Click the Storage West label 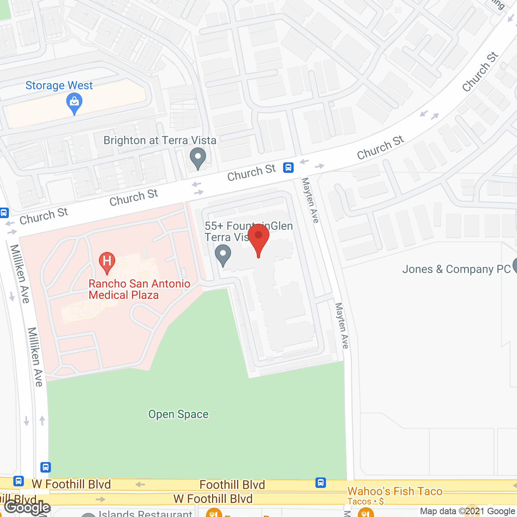coord(59,86)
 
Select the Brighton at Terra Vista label coord(160,141)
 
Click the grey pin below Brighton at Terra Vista coord(198,158)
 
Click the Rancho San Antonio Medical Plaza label coord(139,289)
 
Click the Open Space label coord(178,414)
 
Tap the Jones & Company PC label coord(456,269)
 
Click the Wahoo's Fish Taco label coord(395,491)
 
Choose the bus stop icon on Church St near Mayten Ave coord(288,167)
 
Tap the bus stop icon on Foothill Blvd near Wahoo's coord(321,482)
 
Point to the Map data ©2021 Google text coord(467,511)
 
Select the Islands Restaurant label coord(145,513)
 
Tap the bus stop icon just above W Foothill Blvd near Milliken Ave coord(46,467)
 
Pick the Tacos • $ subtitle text coord(365,502)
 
